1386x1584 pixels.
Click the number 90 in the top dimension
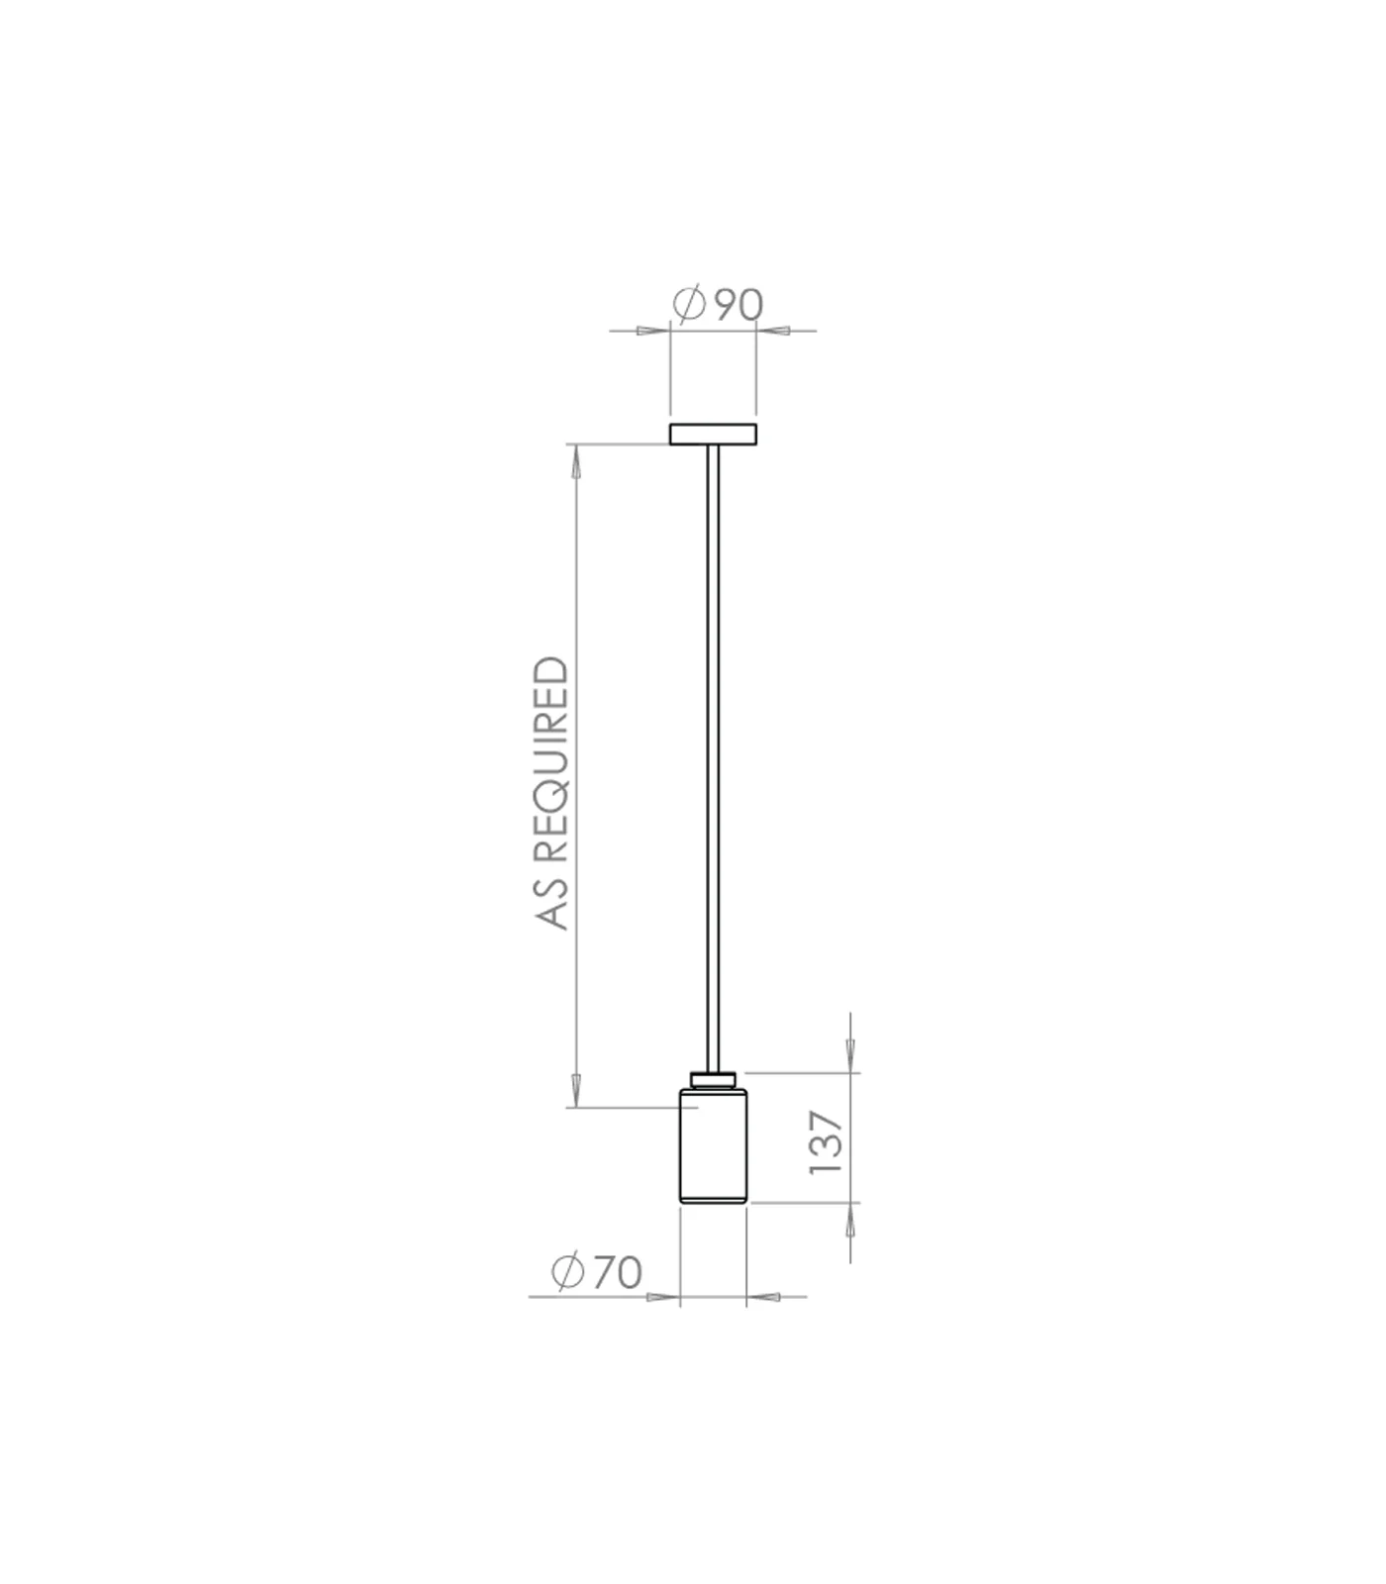coord(739,305)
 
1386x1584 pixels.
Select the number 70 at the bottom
coord(617,1272)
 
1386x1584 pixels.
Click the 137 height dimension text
coord(826,1142)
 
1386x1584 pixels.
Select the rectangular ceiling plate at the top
coord(713,434)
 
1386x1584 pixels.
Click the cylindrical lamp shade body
coord(713,1145)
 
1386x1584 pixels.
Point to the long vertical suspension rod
coord(713,757)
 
